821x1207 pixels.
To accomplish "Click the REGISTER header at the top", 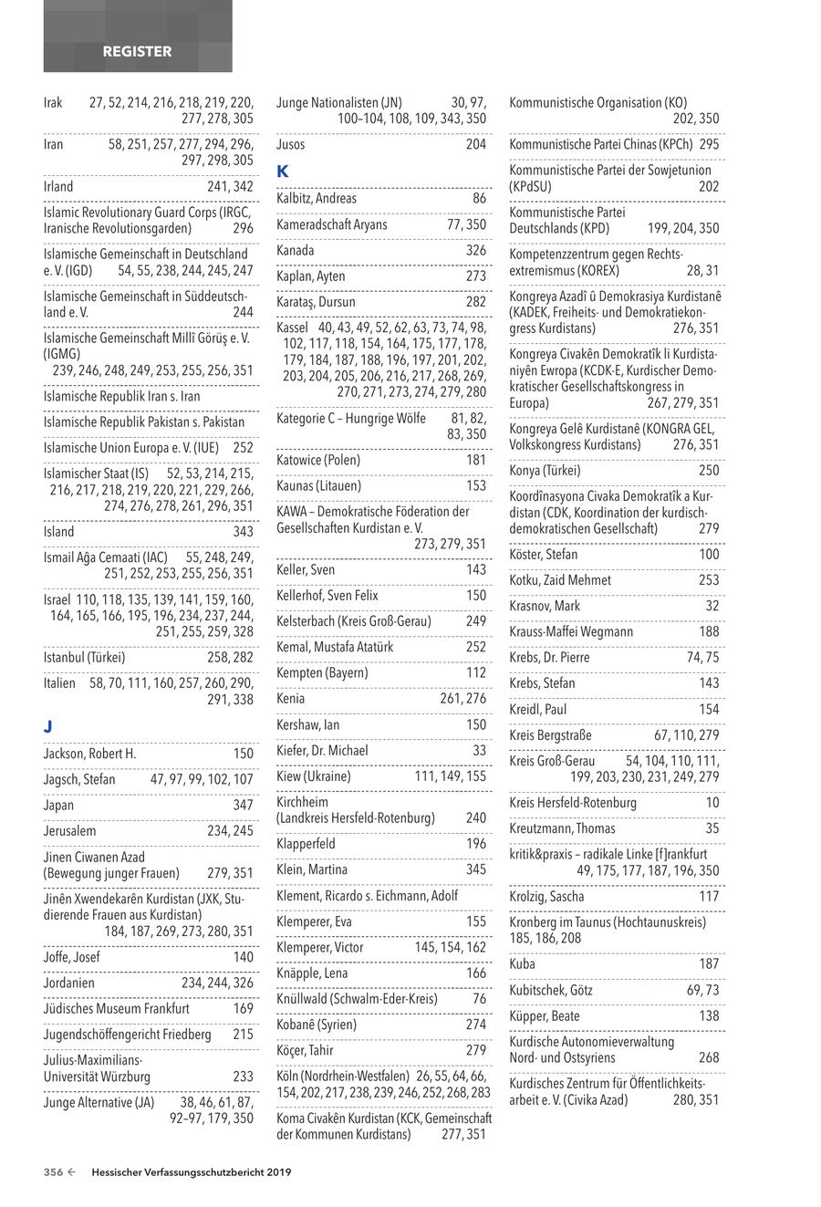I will (x=137, y=52).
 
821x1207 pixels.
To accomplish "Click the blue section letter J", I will (x=48, y=726).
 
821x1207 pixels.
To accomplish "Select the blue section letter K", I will (x=282, y=171).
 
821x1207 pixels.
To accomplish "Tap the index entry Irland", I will (x=58, y=186).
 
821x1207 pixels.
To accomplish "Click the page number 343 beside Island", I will (x=243, y=531).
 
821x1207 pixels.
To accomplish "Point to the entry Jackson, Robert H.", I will (x=89, y=754).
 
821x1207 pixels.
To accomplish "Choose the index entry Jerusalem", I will (x=69, y=831).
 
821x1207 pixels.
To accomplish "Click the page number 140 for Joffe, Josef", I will (x=243, y=957).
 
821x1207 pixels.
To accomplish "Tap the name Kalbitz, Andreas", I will (x=317, y=198).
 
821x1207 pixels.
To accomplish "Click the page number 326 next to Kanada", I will (x=475, y=250).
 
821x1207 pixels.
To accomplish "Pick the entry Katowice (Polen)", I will (x=318, y=460).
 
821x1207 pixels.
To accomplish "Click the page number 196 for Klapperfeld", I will (x=475, y=844).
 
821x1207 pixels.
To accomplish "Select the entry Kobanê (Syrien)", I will (x=317, y=1025).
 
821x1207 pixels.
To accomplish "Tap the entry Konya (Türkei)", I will (x=545, y=471).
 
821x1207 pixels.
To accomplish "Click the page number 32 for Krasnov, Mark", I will (x=712, y=606).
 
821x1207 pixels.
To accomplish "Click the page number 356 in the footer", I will (x=53, y=1173).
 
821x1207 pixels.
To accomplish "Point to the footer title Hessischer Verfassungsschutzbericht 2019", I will (x=192, y=1173).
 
